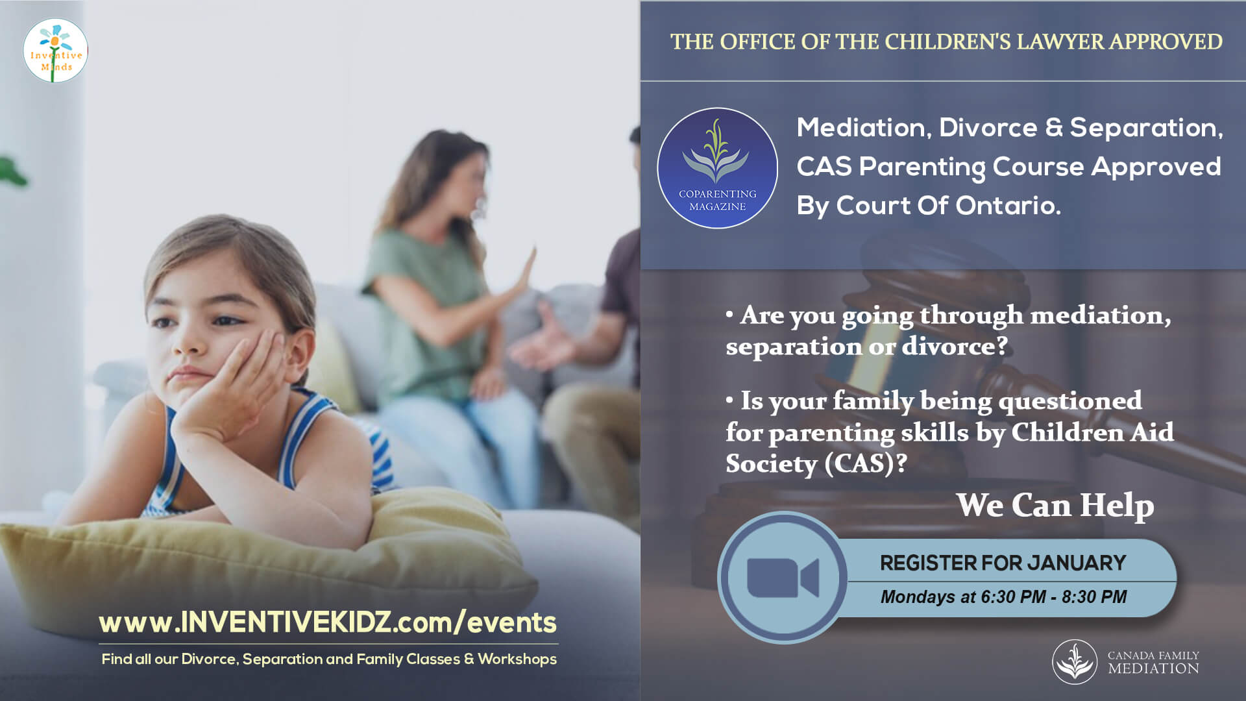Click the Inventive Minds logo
pyautogui.click(x=55, y=51)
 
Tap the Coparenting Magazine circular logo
pyautogui.click(x=717, y=168)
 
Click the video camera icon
pyautogui.click(x=783, y=577)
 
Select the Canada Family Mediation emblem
pyautogui.click(x=1075, y=661)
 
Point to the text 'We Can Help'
pyautogui.click(x=1055, y=505)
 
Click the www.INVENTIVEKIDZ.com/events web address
pyautogui.click(x=328, y=622)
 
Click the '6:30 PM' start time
pyautogui.click(x=1013, y=596)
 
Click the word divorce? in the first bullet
pyautogui.click(x=955, y=346)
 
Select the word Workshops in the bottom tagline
pyautogui.click(x=517, y=659)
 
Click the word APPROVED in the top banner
pyautogui.click(x=1166, y=42)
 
